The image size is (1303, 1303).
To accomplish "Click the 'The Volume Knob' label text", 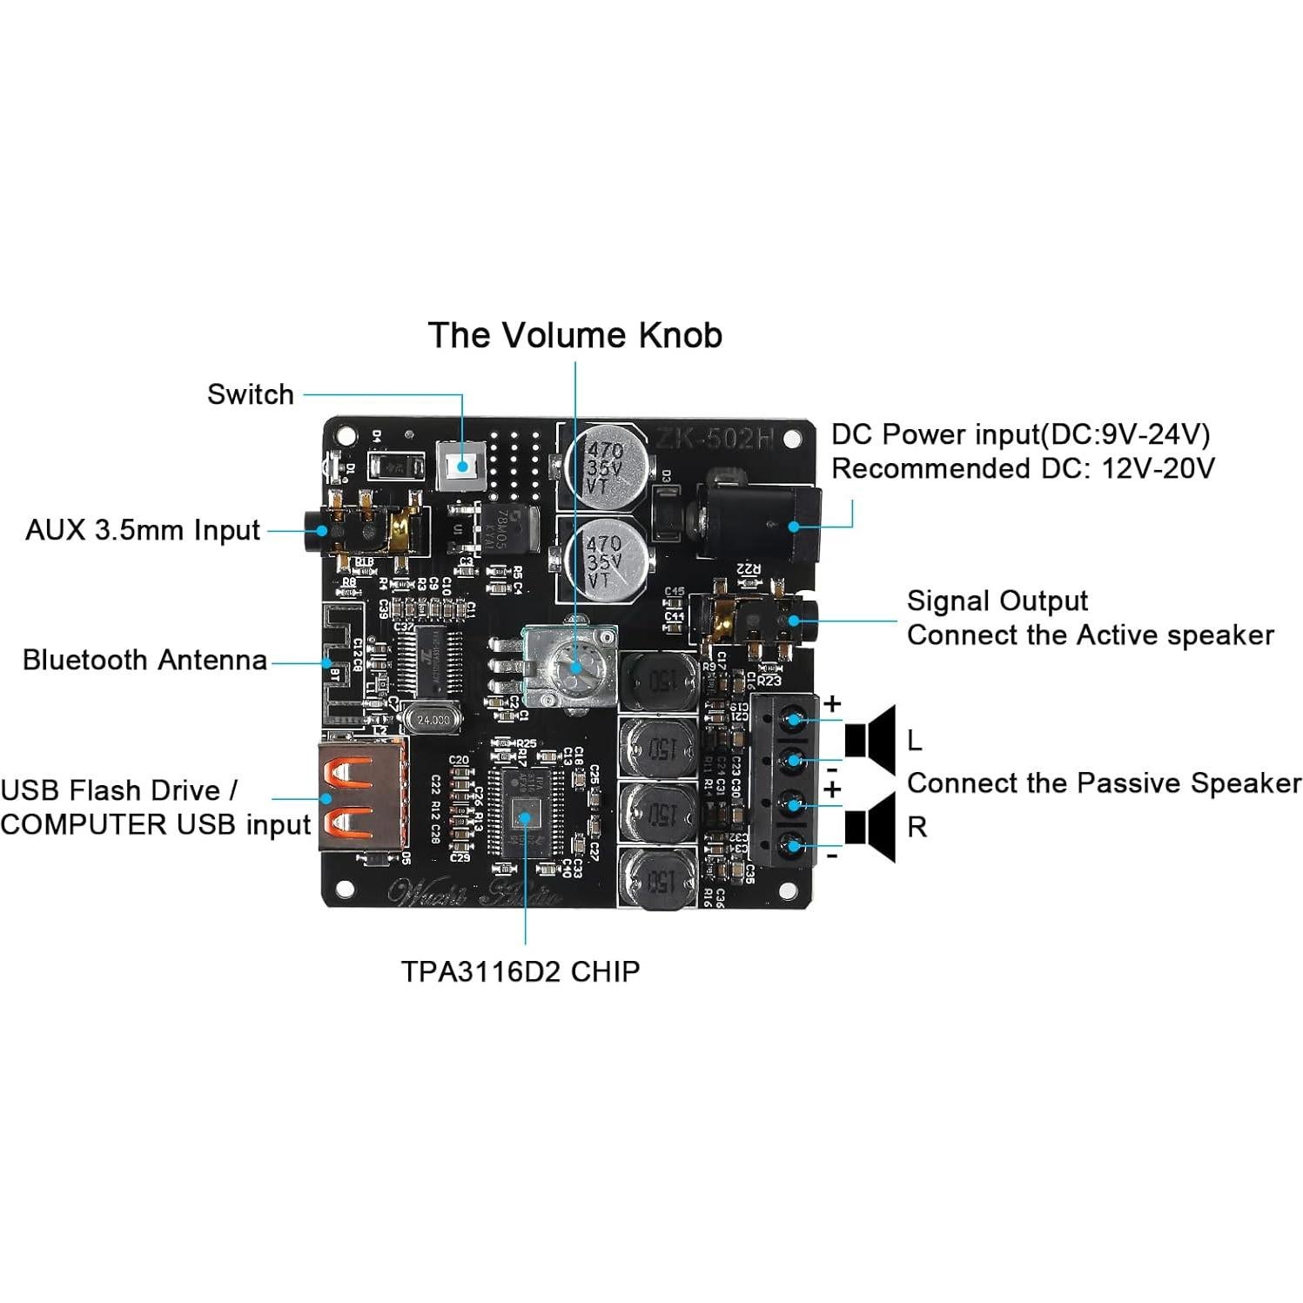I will tap(574, 335).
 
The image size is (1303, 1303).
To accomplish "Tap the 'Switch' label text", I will tap(250, 394).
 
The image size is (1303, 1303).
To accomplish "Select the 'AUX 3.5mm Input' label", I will tap(143, 530).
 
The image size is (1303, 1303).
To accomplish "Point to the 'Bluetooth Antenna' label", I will tap(144, 660).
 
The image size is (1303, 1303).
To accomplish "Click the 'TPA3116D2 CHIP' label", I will tap(520, 971).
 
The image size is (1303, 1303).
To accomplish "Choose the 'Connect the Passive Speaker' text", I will tap(1104, 783).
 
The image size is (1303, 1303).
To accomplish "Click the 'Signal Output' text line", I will tap(997, 601).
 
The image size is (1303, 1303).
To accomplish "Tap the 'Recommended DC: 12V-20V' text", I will tap(1022, 468).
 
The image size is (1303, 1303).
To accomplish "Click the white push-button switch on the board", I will tap(460, 466).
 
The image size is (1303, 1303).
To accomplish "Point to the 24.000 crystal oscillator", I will tap(433, 720).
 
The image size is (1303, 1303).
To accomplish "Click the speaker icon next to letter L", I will tap(870, 740).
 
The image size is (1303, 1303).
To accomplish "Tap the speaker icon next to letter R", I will tap(870, 827).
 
